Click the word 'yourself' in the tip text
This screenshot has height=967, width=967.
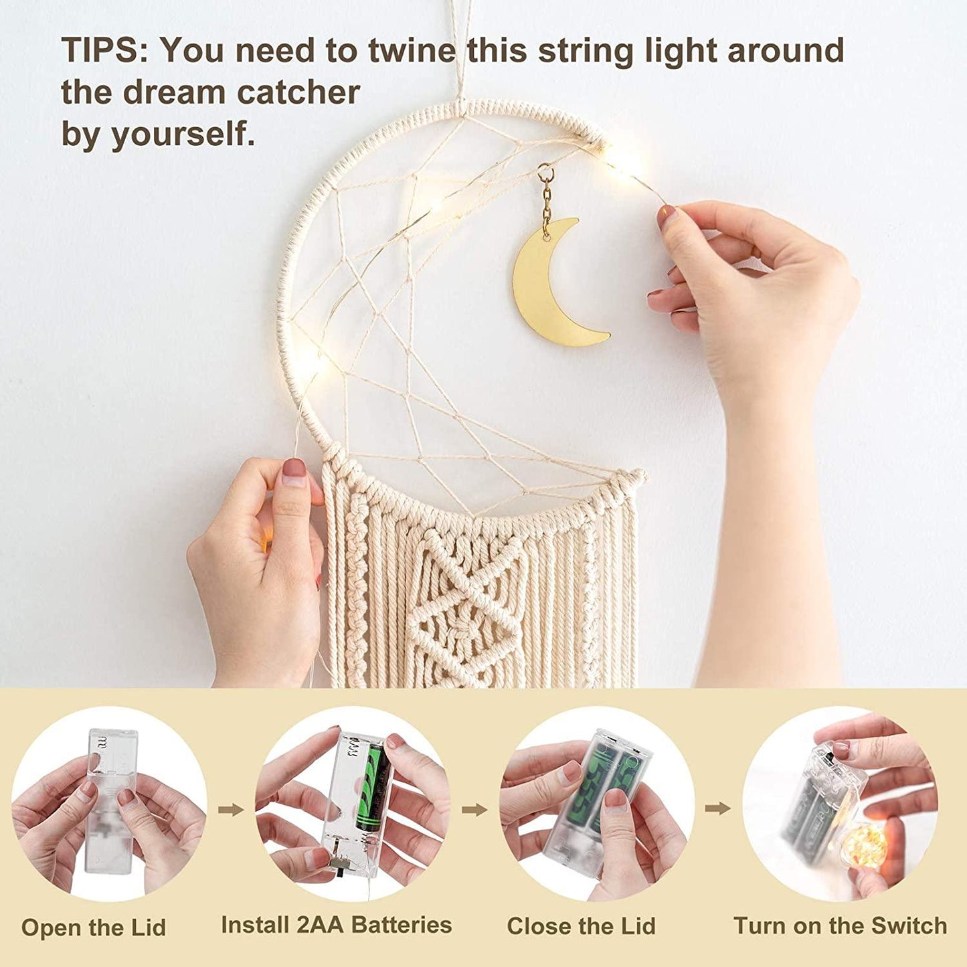182,135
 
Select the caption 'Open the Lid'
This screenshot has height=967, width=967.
93,914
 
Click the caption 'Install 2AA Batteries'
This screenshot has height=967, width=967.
336,911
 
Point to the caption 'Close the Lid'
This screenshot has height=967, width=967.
581,912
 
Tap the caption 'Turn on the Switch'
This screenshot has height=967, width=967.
840,912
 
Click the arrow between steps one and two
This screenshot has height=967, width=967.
231,810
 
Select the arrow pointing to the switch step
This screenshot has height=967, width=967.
717,808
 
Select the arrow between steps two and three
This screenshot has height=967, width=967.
474,810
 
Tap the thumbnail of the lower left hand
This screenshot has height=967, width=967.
294,472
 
